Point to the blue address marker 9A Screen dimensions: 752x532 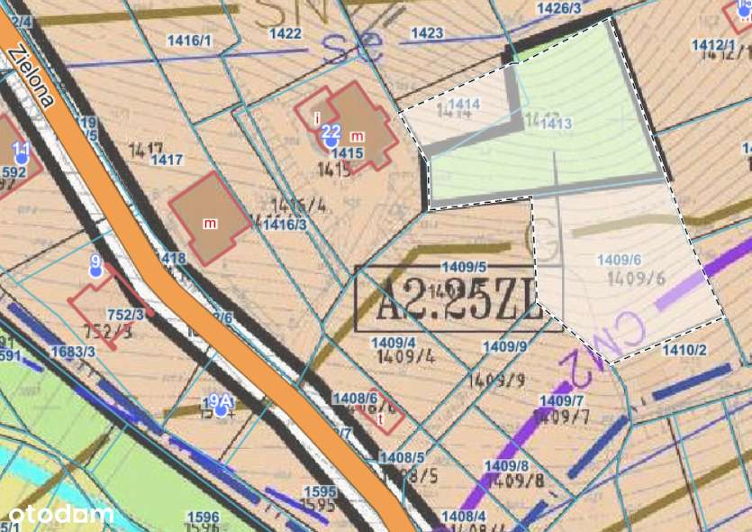tap(220, 403)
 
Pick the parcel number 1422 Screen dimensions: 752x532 tap(285, 33)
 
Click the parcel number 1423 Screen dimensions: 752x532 tap(426, 33)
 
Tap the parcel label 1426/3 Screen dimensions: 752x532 tap(558, 8)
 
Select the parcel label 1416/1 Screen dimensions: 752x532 tap(189, 41)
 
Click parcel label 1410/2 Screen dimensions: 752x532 tap(684, 350)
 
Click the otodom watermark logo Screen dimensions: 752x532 tap(62, 514)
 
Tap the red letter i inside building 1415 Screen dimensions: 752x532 tap(317, 117)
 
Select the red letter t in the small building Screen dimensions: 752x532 tap(381, 418)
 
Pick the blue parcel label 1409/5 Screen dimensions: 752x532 tap(465, 267)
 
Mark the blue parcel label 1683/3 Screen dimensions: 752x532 tap(73, 352)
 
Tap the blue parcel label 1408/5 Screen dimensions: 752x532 tap(402, 459)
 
